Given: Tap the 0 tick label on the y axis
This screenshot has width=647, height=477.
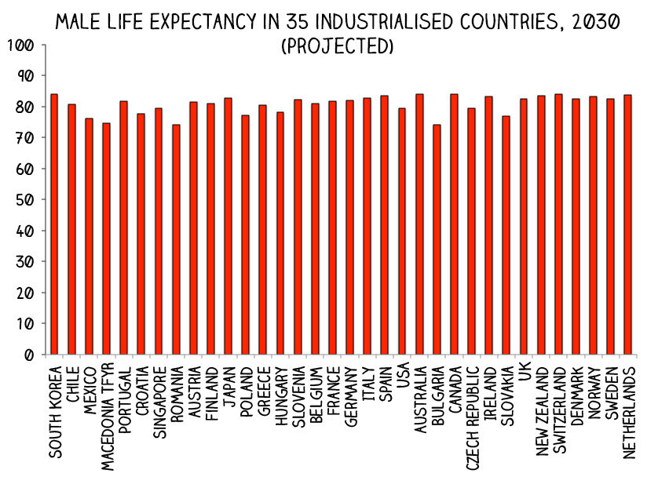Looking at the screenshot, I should pyautogui.click(x=28, y=355).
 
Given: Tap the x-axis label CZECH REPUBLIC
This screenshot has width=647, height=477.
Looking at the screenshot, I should pyautogui.click(x=471, y=412).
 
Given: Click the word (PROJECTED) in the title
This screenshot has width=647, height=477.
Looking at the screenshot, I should pyautogui.click(x=337, y=47).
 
